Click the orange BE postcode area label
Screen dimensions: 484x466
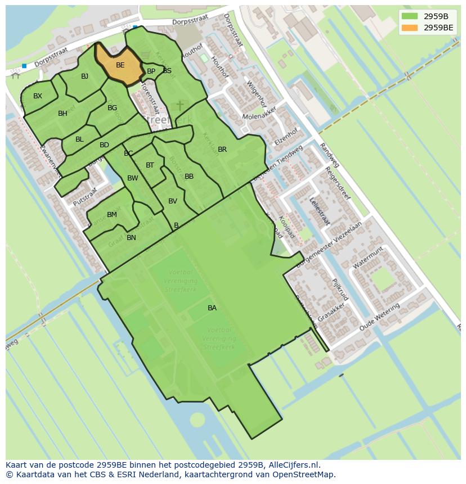120,65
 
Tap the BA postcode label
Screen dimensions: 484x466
212,308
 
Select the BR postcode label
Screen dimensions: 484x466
222,150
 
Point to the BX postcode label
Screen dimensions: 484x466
38,96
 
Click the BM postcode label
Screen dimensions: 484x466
112,215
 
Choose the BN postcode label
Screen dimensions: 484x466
131,238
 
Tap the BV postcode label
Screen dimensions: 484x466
173,201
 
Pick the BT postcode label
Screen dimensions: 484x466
150,165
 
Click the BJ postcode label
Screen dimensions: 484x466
84,76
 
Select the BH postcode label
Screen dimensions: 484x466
62,114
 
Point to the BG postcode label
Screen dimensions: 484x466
112,108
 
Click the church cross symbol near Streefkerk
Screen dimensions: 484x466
180,106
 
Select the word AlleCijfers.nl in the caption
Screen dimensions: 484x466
293,465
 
